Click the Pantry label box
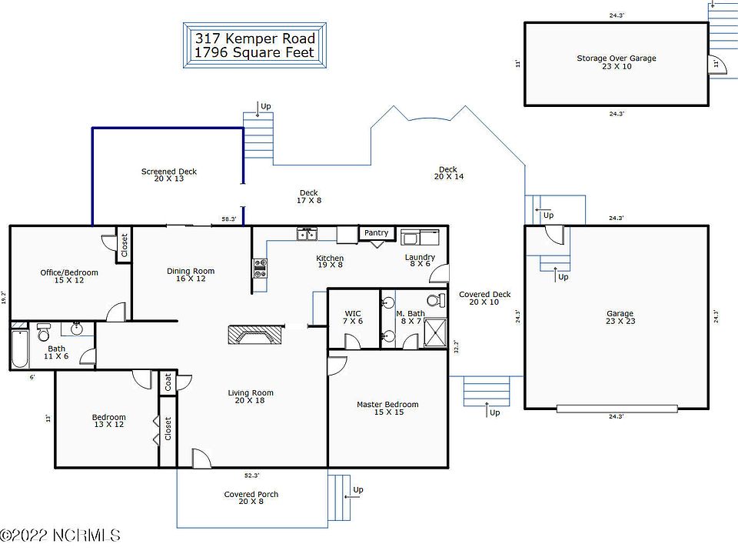[377, 232]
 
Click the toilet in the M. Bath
[437, 299]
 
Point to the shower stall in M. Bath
[435, 332]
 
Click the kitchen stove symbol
[261, 268]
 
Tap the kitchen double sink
[307, 233]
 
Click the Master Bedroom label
[387, 404]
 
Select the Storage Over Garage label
[617, 58]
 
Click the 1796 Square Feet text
[254, 52]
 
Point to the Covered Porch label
[251, 494]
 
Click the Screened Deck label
[169, 172]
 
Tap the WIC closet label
[353, 313]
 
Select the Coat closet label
[168, 382]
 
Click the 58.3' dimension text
[229, 219]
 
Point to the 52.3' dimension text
[252, 476]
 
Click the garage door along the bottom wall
[617, 409]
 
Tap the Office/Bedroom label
[69, 272]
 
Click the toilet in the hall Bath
[43, 332]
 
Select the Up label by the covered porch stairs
[358, 490]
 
